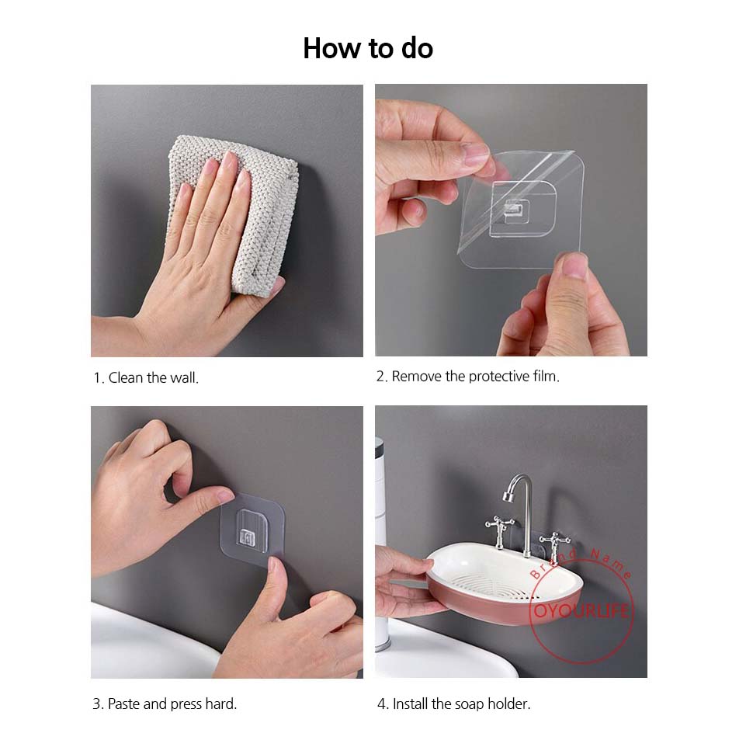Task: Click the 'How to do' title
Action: coord(368,49)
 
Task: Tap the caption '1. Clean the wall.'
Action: coord(146,378)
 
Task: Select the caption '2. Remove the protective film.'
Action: coord(468,376)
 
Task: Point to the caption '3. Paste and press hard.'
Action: coord(165,704)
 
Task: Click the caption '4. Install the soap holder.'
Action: coord(454,704)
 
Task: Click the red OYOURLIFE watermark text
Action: coord(581,610)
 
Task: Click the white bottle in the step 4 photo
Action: coord(381,544)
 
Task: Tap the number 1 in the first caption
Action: coord(97,378)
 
